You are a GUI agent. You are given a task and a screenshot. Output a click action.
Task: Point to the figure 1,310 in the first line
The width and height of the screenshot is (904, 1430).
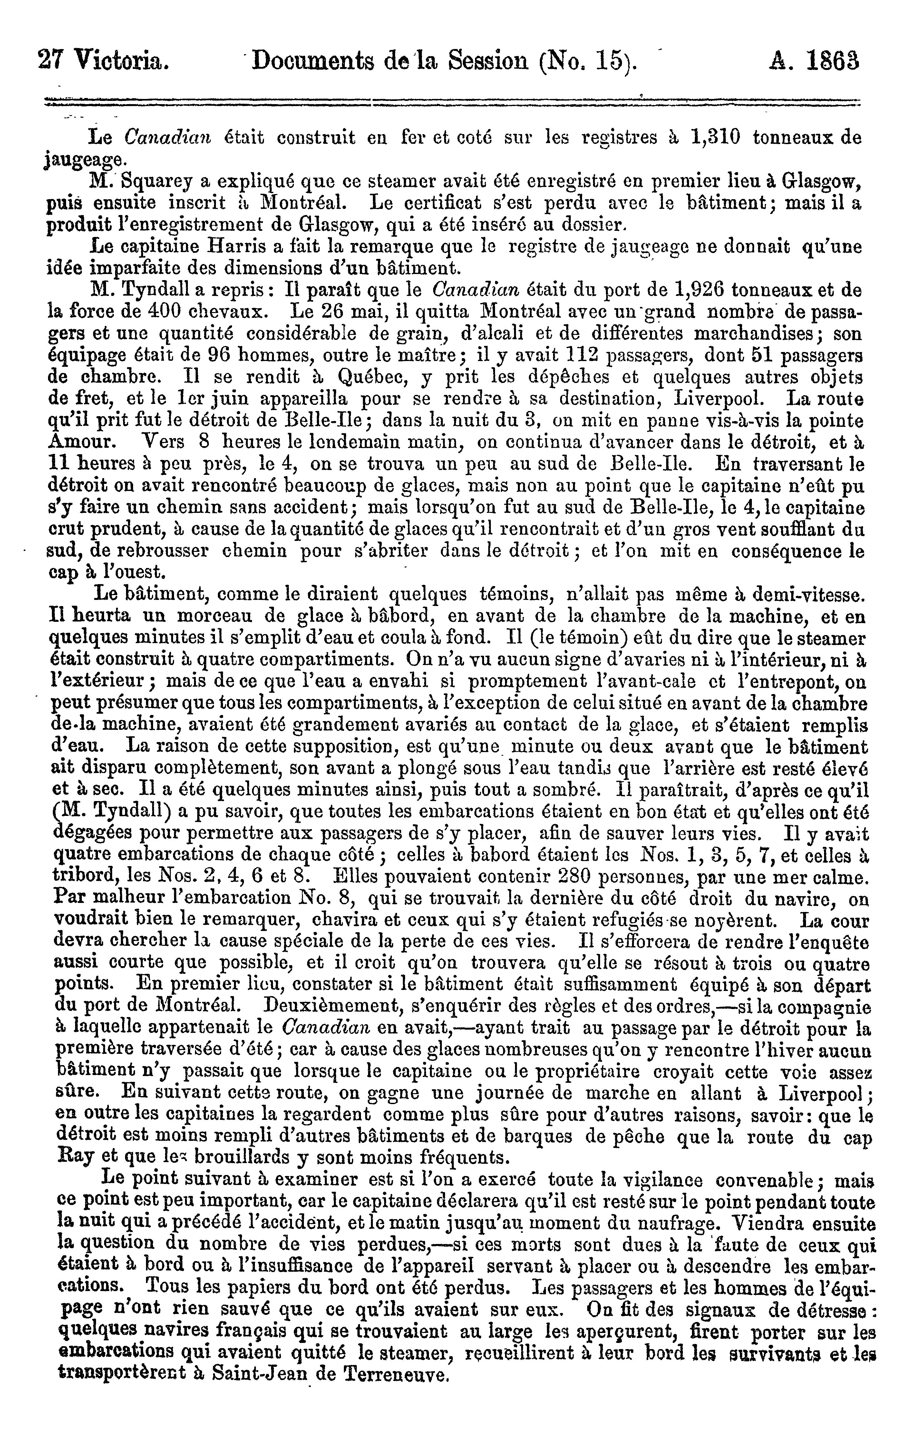point(715,137)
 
